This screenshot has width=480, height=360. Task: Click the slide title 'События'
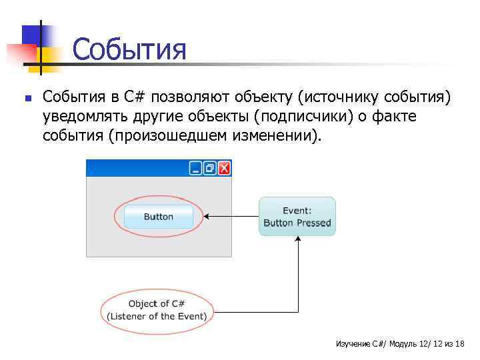point(129,50)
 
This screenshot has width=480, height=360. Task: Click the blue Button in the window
point(159,217)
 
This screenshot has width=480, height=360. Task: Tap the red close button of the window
point(224,168)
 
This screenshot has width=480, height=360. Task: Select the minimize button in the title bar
point(195,168)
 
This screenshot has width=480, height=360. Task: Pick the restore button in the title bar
point(209,168)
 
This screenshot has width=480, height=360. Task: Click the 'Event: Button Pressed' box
point(297,217)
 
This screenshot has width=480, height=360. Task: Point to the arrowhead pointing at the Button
point(207,217)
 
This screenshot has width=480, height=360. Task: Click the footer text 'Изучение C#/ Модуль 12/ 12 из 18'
point(401,343)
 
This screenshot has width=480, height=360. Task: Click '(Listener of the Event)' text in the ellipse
point(157,316)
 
